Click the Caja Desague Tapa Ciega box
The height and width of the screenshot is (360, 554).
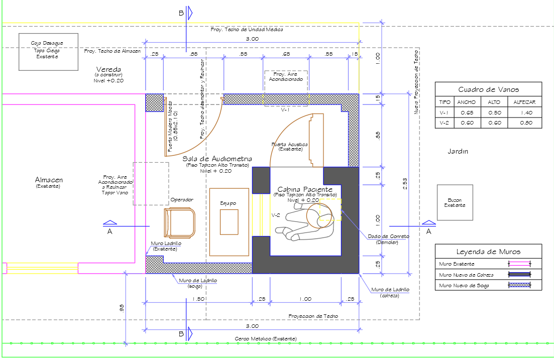click(48, 52)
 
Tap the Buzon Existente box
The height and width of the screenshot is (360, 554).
click(455, 202)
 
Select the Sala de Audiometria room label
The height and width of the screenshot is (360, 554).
click(217, 159)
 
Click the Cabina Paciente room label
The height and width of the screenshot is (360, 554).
click(305, 189)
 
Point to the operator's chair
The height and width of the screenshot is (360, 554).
click(179, 222)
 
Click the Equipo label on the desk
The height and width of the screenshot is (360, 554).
click(228, 203)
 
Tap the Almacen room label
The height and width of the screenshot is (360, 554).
click(49, 180)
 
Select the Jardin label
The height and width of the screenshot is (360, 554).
click(459, 151)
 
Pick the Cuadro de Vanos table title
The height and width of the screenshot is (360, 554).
click(488, 89)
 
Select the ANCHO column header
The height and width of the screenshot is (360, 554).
click(466, 102)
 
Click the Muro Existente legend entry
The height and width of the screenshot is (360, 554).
click(456, 264)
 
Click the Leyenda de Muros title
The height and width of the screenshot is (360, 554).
click(488, 252)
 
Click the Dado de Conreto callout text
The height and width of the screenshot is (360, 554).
click(388, 236)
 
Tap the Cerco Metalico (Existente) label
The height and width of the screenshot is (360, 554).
click(265, 338)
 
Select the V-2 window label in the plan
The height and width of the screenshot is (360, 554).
click(276, 215)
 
